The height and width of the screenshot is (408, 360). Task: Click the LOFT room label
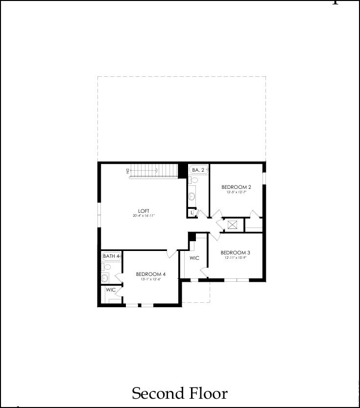(x=144, y=211)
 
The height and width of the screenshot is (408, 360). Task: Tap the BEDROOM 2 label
(x=236, y=187)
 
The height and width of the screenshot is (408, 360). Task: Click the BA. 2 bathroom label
(x=198, y=170)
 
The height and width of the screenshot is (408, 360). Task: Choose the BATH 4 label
(x=111, y=256)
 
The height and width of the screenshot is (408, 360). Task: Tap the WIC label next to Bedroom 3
(x=194, y=258)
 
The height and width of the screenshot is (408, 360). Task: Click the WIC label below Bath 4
(x=111, y=290)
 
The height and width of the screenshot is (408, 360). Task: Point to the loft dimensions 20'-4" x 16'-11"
(x=144, y=216)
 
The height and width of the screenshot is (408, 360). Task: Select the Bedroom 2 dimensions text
(x=236, y=192)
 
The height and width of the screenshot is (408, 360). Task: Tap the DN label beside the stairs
(x=127, y=170)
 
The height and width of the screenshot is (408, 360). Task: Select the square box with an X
(x=233, y=225)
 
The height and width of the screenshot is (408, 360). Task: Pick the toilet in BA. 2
(x=194, y=180)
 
